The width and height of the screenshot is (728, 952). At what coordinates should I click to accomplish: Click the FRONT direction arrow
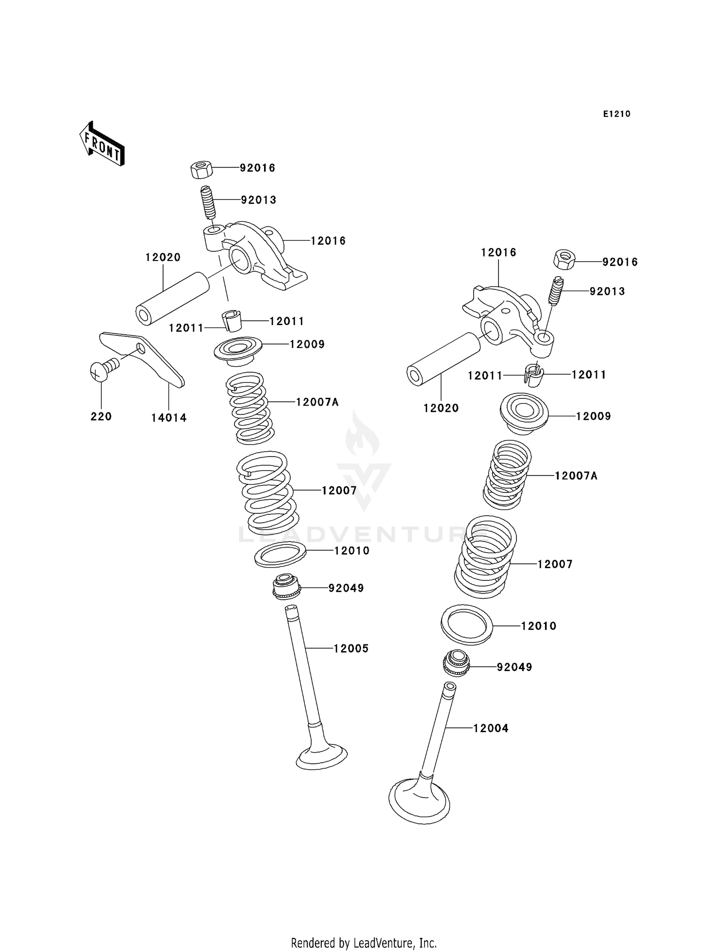click(102, 145)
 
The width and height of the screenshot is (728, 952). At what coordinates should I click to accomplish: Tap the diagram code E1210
click(616, 114)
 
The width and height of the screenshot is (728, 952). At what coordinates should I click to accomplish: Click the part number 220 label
click(101, 416)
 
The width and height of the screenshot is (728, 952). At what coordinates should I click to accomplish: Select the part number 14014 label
click(168, 418)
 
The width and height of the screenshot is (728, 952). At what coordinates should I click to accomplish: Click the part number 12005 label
click(351, 648)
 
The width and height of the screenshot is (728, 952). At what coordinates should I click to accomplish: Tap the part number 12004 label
click(491, 728)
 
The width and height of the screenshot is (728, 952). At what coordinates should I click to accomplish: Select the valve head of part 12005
click(322, 756)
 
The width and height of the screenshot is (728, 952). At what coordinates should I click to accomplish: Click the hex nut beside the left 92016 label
click(200, 169)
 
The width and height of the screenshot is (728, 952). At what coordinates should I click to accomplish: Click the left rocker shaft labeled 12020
click(172, 298)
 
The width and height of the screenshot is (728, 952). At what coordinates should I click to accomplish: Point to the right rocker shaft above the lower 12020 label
click(443, 359)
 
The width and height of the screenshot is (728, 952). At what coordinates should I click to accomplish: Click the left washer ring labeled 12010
click(280, 555)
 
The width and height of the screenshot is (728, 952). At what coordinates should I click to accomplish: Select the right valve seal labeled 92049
click(456, 662)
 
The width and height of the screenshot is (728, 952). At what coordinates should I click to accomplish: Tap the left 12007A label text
click(317, 402)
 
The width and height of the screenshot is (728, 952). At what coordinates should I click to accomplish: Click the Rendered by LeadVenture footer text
click(364, 943)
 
